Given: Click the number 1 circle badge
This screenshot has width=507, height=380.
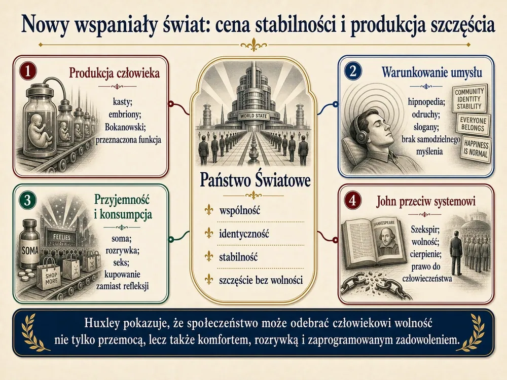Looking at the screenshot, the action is coord(28,71).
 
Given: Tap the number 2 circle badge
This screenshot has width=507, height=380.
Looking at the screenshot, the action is coord(353,71).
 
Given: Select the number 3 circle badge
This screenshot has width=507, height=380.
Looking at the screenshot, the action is coord(27,200).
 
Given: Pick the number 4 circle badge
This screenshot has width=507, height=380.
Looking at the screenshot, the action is coord(353,201).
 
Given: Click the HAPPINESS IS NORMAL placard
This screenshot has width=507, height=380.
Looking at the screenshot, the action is coord(476,148).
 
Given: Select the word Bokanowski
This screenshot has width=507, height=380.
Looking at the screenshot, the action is coord(125,127).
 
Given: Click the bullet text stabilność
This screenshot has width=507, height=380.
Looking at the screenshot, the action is coord(238,257).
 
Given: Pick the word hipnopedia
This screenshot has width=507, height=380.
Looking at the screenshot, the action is coord(426,102).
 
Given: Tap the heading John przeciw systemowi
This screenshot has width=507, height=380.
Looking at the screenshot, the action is coord(426,201).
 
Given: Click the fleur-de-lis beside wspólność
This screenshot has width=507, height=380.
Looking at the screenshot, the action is coord(209,211).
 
